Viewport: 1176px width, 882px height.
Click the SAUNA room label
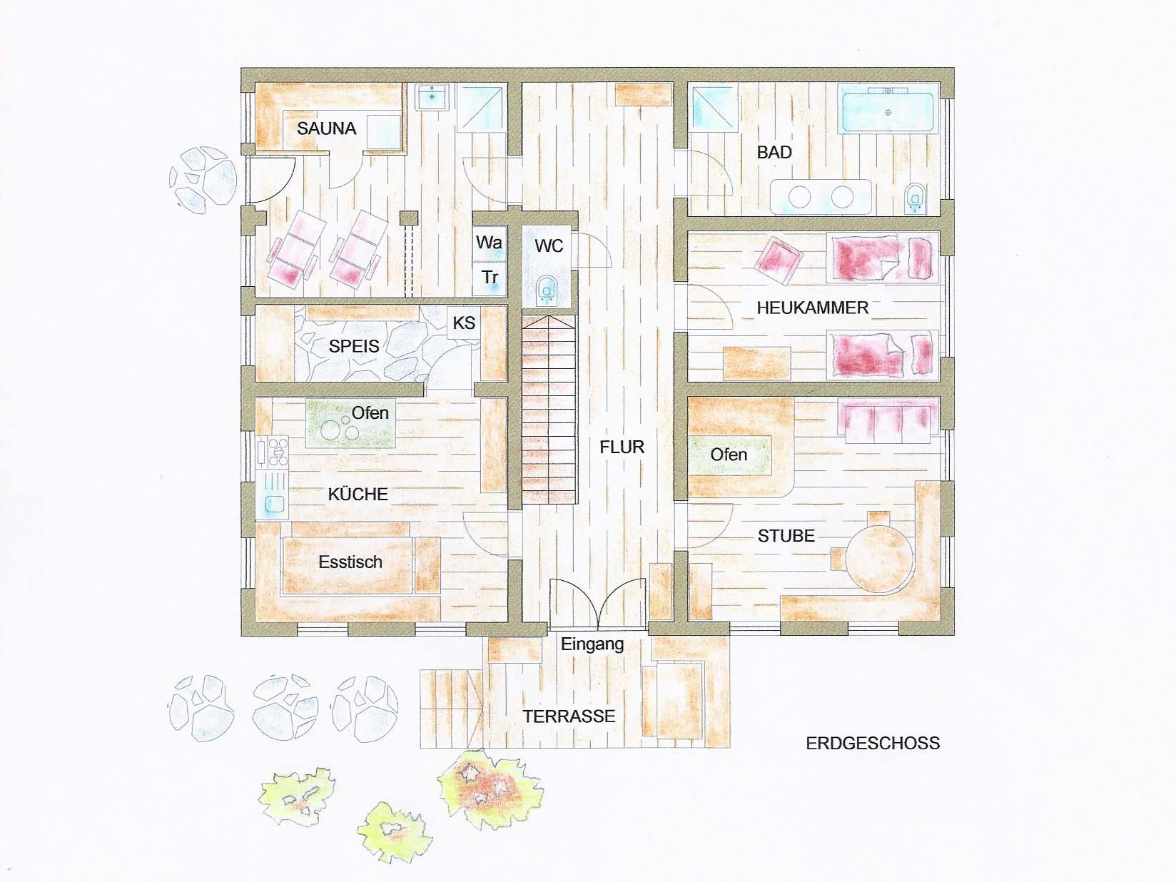pos(326,128)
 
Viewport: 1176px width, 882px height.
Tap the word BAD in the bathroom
pos(774,153)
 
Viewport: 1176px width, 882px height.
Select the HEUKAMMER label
pos(812,308)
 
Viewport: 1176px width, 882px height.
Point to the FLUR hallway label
pos(622,447)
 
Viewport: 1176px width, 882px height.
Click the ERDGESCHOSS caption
pos(873,744)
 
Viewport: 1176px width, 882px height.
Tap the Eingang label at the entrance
pos(592,644)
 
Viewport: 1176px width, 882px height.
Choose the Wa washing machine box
pos(489,243)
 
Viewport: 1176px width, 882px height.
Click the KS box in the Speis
pos(464,323)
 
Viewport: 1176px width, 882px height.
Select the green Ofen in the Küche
pos(351,423)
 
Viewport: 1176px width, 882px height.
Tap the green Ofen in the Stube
pos(730,455)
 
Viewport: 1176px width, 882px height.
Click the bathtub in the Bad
pos(888,113)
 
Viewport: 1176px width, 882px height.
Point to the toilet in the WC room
pos(547,289)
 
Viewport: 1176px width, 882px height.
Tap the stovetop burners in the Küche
pos(278,452)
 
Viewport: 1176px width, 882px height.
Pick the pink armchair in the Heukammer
pos(778,260)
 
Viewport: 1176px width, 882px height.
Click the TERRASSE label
pos(569,716)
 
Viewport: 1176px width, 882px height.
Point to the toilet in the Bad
pos(915,199)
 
